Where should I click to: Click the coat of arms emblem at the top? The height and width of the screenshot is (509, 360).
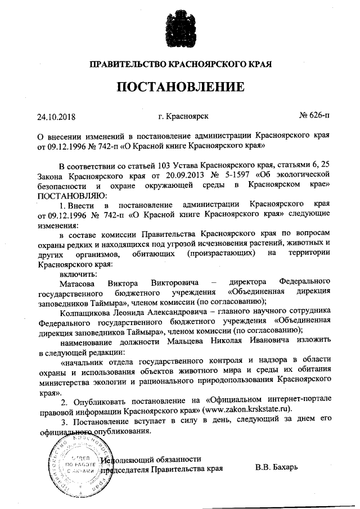coord(181,29)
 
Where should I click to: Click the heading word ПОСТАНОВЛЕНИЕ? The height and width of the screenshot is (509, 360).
coord(181,87)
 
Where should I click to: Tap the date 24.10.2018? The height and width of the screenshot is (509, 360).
coord(56,118)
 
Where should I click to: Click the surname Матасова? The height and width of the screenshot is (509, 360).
coord(78,281)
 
